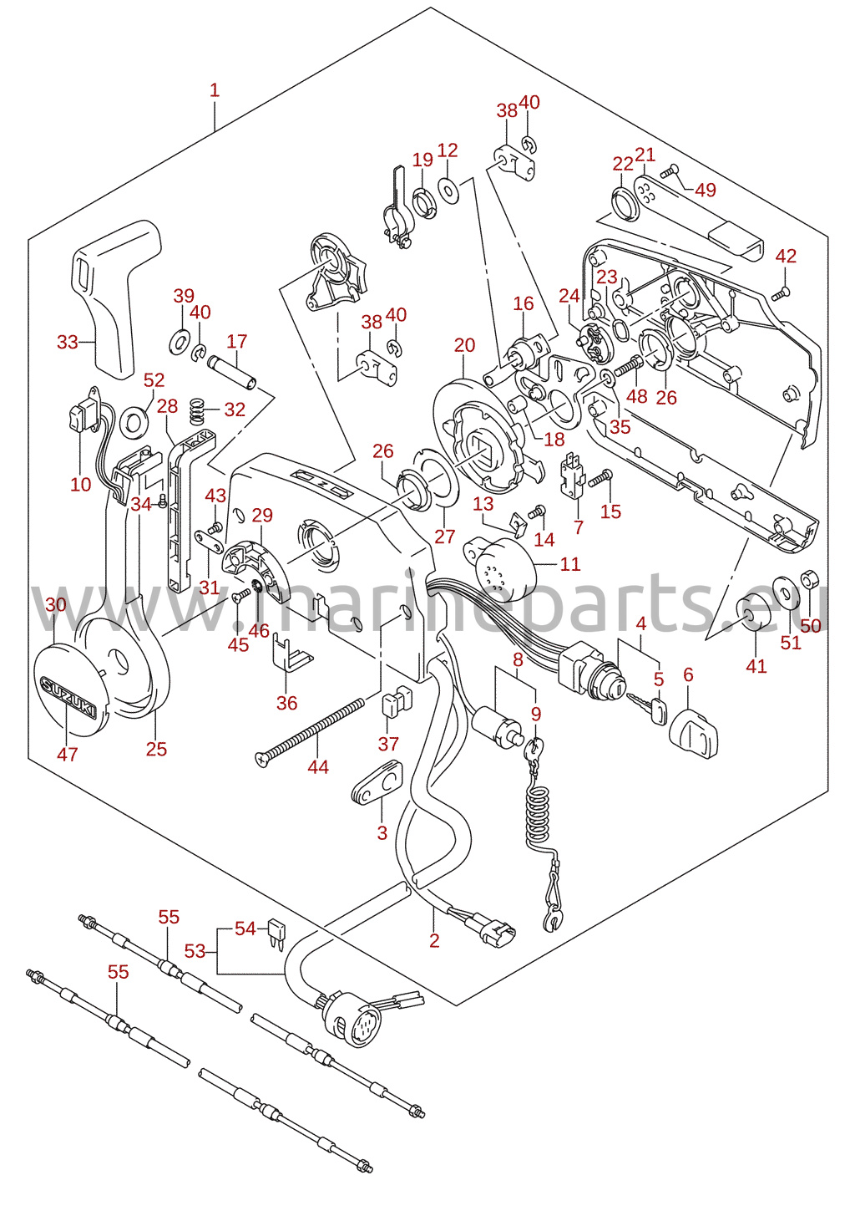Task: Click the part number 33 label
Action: pos(68,342)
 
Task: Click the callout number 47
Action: pos(68,754)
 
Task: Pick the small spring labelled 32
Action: pos(199,411)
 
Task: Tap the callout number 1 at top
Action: pos(215,90)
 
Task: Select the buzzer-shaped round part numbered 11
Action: pos(500,565)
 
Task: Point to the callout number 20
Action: pos(465,344)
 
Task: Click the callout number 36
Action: pos(287,703)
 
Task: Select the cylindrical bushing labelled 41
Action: pos(754,612)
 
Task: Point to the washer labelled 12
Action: pos(448,190)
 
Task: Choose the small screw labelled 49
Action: pos(670,170)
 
